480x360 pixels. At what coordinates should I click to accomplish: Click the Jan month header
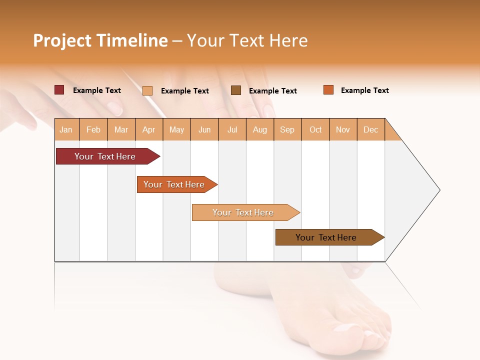(66, 129)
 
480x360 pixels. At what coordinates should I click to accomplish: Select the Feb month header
(93, 129)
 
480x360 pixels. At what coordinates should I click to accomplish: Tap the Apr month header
(148, 129)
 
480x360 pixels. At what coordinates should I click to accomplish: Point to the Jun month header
(204, 129)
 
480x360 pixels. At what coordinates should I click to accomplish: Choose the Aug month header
(259, 129)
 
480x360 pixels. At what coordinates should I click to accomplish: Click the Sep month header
(287, 129)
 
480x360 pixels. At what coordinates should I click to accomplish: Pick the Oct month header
(315, 129)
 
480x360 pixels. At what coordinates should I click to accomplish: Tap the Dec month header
(370, 129)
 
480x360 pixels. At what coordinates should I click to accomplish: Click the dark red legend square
(59, 90)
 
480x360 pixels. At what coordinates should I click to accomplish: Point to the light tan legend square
(147, 90)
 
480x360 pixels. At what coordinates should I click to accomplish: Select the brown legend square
(236, 90)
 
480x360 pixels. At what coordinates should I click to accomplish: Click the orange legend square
(328, 90)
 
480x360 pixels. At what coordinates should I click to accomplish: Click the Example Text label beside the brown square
(272, 90)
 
